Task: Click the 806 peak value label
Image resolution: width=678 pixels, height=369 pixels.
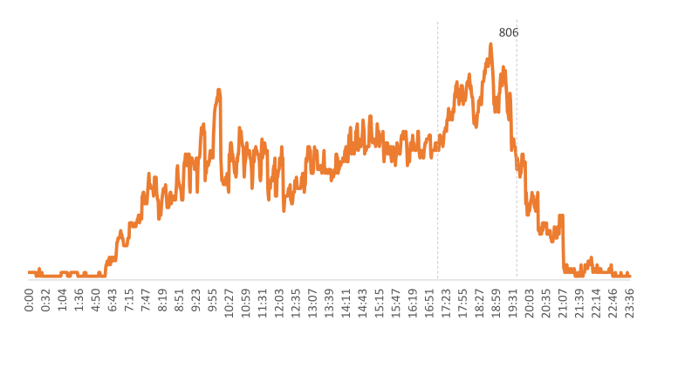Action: click(509, 33)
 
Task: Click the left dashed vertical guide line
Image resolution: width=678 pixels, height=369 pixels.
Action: click(437, 174)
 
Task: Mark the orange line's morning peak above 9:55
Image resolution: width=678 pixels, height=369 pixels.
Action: click(218, 90)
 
